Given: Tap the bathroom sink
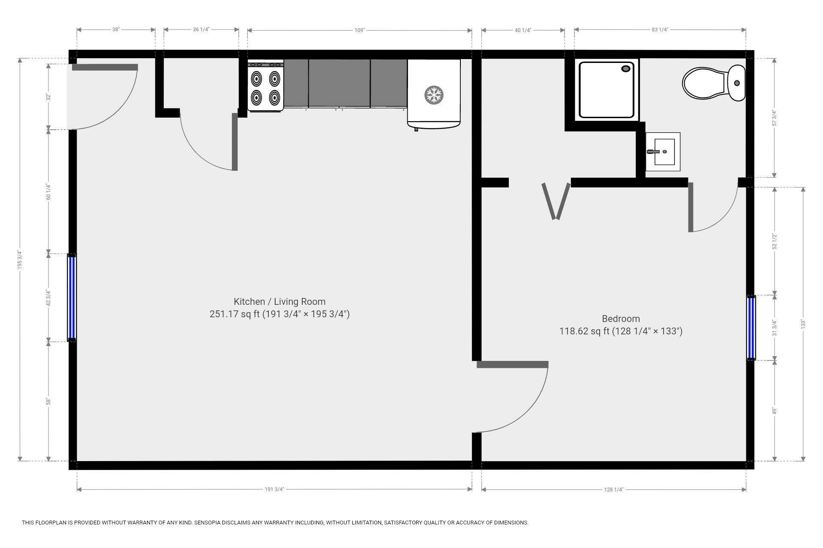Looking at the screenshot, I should coord(663,152).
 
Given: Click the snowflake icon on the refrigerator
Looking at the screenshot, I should coord(433,95).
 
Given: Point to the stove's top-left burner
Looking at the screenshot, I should coord(256,78).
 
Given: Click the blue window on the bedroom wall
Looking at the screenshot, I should coord(751,328).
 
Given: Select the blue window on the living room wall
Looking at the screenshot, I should coord(72,298).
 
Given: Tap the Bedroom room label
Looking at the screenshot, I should coord(621,319).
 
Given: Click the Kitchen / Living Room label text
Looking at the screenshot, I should coord(279,301).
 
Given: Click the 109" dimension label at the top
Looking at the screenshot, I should coord(359,30).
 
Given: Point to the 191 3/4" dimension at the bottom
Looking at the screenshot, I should coord(274,489).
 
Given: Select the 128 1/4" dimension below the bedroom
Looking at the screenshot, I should coord(613,489).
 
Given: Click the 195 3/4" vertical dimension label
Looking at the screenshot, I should coord(20,259).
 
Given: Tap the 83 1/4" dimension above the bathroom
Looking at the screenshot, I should coord(660,30).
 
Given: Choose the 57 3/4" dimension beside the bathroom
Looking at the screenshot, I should coord(774,118).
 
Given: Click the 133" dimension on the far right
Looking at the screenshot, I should coord(803,324).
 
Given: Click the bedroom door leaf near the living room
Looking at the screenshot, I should coord(512,364).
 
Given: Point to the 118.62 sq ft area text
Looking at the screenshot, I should coord(584,331).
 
